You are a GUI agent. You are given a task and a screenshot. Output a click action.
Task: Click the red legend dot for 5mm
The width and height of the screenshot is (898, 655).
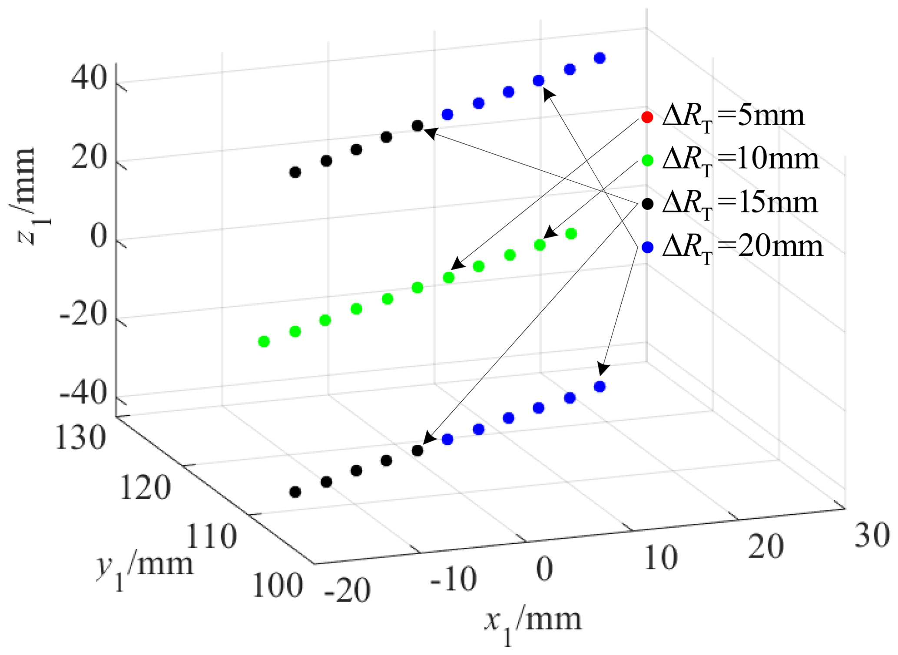tap(647, 117)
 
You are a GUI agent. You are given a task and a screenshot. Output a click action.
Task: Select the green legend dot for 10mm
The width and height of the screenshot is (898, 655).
tap(647, 161)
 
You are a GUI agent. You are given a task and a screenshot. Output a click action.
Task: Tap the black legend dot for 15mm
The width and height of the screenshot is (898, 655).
tap(647, 204)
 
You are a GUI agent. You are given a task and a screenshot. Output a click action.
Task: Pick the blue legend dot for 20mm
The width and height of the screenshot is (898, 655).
tap(647, 248)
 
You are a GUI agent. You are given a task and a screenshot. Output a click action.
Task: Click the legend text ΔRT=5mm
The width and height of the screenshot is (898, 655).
tap(733, 117)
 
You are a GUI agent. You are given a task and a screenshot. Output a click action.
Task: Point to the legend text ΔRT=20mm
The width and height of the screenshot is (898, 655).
tap(742, 248)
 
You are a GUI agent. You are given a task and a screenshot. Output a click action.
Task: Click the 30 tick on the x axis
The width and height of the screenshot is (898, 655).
tap(871, 536)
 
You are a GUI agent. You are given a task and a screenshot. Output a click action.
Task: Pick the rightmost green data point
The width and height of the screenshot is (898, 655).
tap(571, 234)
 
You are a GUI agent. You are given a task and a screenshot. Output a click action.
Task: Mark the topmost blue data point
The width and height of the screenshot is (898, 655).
tap(600, 58)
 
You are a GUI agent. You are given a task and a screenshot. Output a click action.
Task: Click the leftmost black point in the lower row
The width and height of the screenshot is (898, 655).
tap(295, 492)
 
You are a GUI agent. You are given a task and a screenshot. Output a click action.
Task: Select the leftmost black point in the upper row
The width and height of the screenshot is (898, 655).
tap(295, 172)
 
